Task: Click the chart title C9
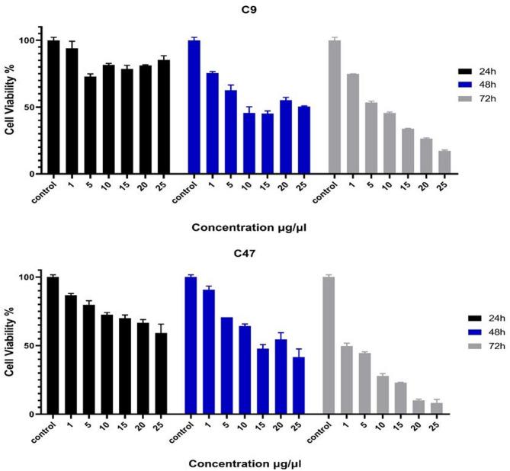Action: coord(255,9)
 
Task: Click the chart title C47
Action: coord(255,245)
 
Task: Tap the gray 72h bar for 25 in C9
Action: coord(444,162)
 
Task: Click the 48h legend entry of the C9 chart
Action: coord(476,83)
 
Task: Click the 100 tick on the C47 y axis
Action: coord(27,277)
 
